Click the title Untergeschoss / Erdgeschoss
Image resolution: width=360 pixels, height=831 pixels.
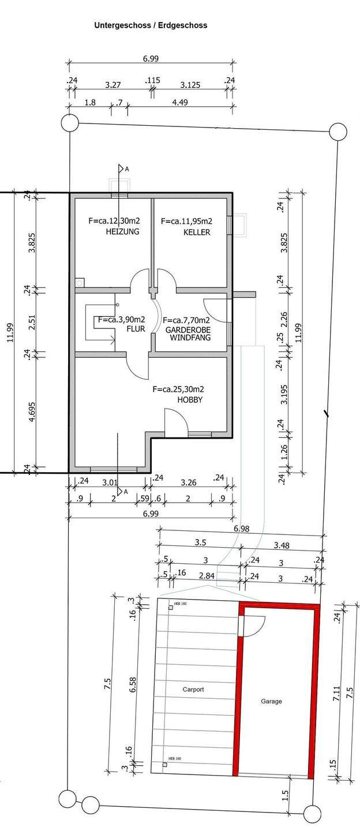click(x=151, y=25)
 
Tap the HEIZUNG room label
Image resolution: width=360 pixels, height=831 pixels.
click(x=122, y=231)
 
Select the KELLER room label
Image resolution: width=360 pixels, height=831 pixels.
click(x=197, y=233)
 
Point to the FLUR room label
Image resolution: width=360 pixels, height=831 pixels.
click(x=136, y=329)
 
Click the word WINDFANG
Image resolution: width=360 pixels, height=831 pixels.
click(x=190, y=338)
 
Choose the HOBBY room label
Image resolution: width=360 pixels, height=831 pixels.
click(x=190, y=399)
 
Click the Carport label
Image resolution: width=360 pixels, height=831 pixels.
click(x=193, y=689)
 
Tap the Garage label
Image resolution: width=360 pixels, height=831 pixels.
click(x=271, y=701)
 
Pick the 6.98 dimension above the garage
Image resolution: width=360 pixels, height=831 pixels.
click(x=243, y=529)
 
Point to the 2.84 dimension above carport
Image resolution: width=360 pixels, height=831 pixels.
click(x=207, y=576)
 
